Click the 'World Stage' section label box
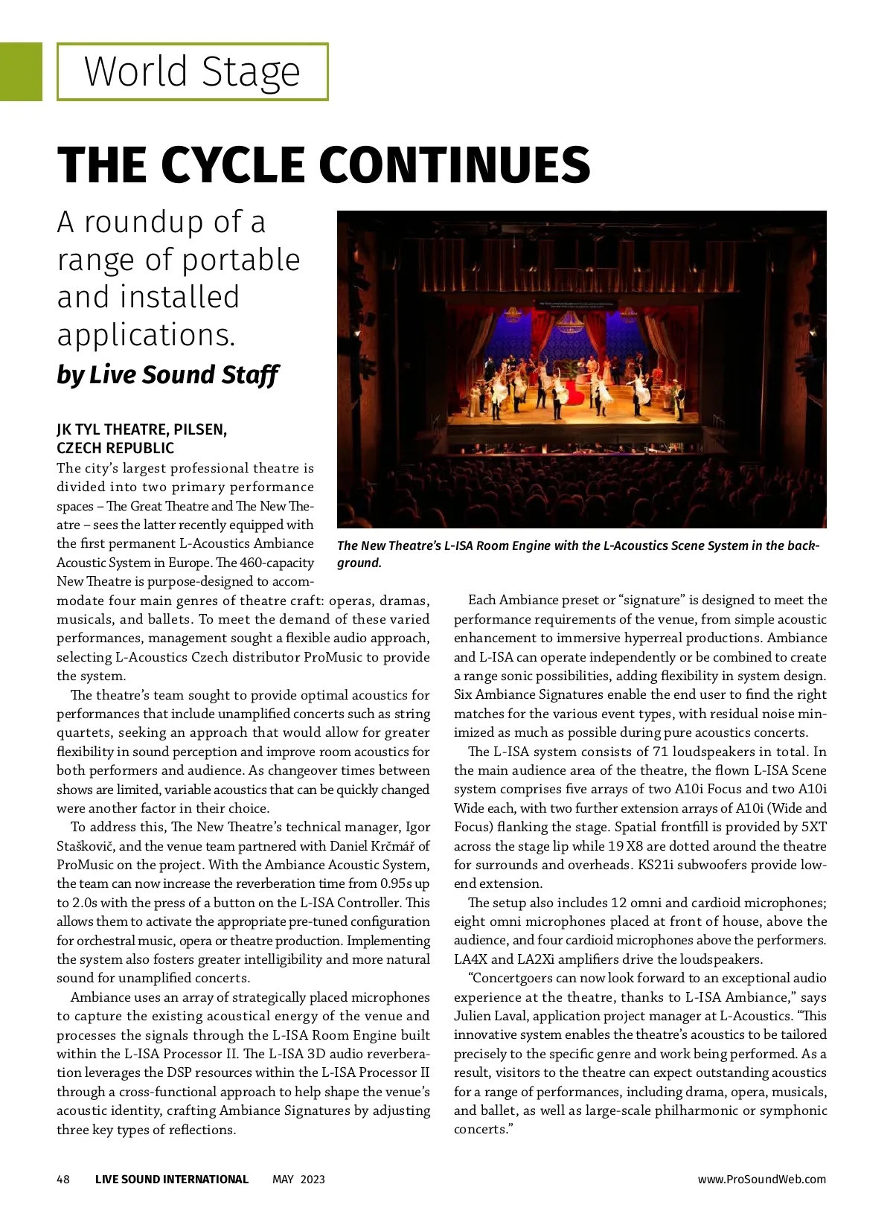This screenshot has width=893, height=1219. pos(192,72)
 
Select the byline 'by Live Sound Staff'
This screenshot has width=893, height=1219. pos(167,374)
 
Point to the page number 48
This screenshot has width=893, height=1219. pos(63,1179)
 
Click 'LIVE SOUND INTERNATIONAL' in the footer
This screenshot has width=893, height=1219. pos(171,1179)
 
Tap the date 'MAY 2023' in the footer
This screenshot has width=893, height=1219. pos(298,1179)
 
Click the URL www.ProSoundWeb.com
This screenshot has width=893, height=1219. pos(761,1179)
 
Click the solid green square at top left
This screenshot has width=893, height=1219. pos(21,71)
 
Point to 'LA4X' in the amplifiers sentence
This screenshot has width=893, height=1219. pos(470,959)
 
